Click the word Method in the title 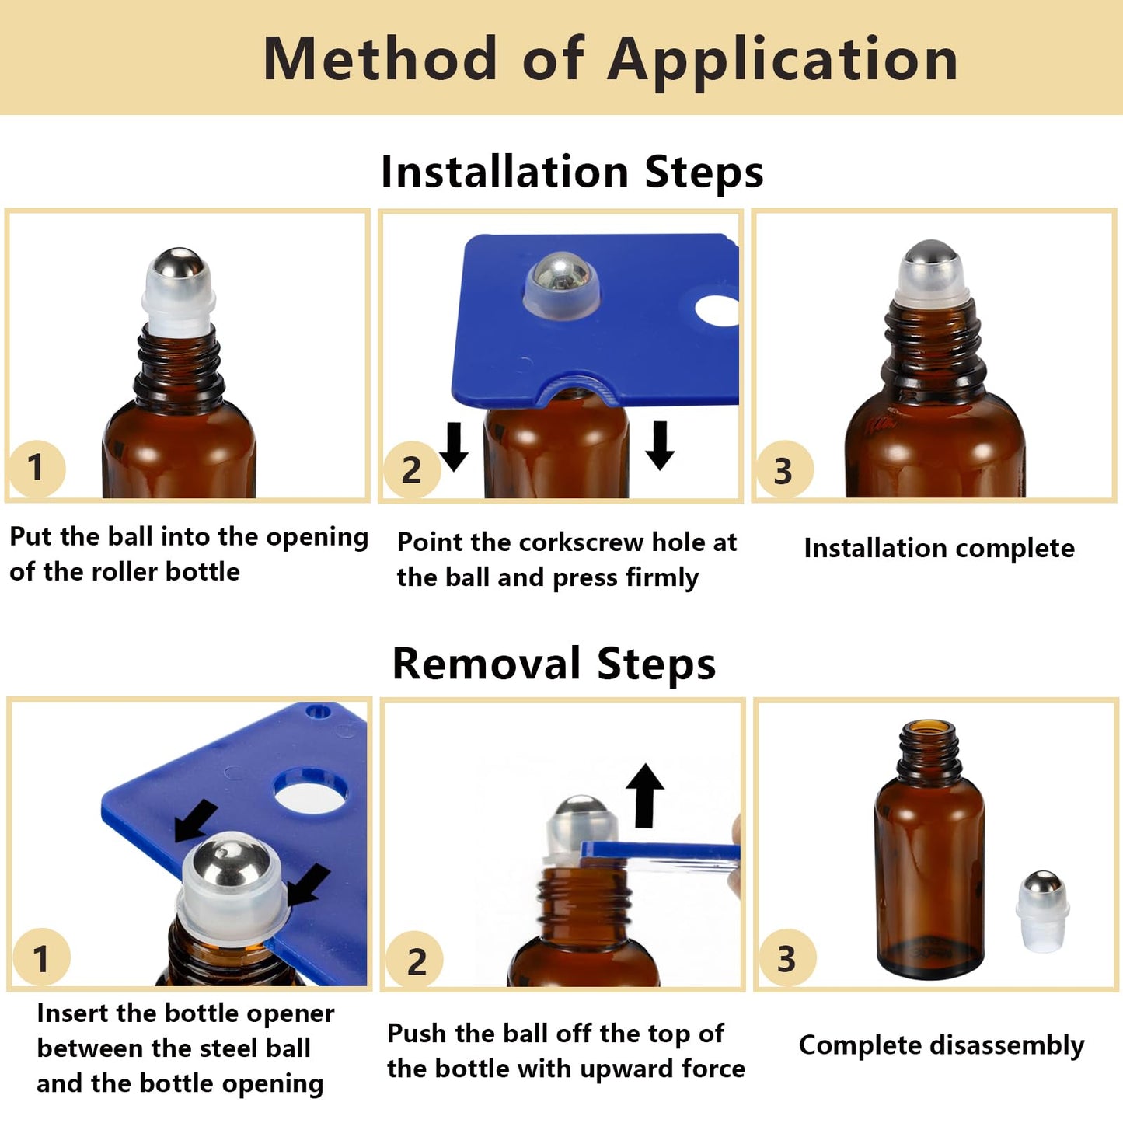[380, 59]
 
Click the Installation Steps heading [572, 172]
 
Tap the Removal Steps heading [553, 664]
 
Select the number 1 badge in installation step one [36, 468]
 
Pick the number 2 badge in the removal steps [416, 961]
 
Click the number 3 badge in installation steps [783, 470]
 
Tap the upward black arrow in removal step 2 [645, 794]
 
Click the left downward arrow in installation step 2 [454, 446]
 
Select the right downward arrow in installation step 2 [660, 445]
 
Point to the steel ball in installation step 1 [178, 264]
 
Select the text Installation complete [939, 549]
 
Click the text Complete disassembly [941, 1045]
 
